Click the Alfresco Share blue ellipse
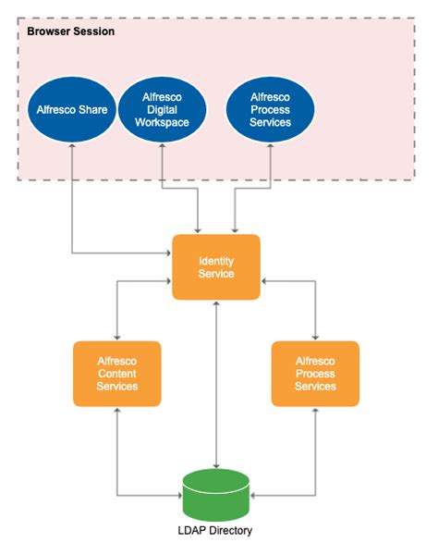coord(72,110)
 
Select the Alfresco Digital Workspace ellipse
coord(163,110)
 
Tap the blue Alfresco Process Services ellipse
coord(270,109)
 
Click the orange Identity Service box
coord(216,267)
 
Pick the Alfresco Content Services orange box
coord(117,373)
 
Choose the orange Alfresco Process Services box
coord(315,373)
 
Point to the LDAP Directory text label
coord(216,531)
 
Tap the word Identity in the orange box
coord(216,261)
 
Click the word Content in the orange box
coord(117,373)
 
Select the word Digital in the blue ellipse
coord(163,110)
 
